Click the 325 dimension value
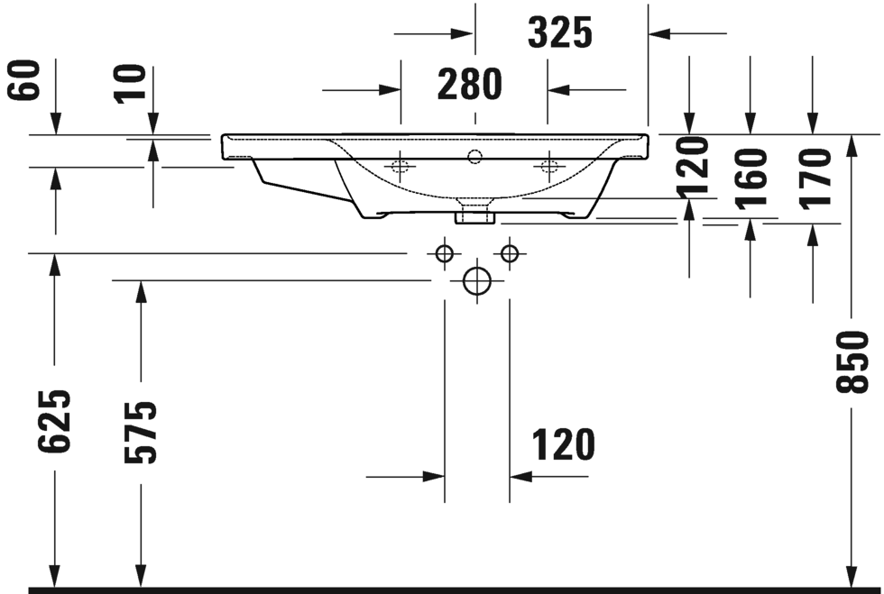559,33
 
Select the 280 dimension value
469,85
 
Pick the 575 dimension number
141,432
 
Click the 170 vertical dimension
814,177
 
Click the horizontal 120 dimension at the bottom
563,445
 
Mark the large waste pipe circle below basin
477,281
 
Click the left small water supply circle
444,253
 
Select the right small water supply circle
510,253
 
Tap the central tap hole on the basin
475,159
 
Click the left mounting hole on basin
401,167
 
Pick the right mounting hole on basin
547,167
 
